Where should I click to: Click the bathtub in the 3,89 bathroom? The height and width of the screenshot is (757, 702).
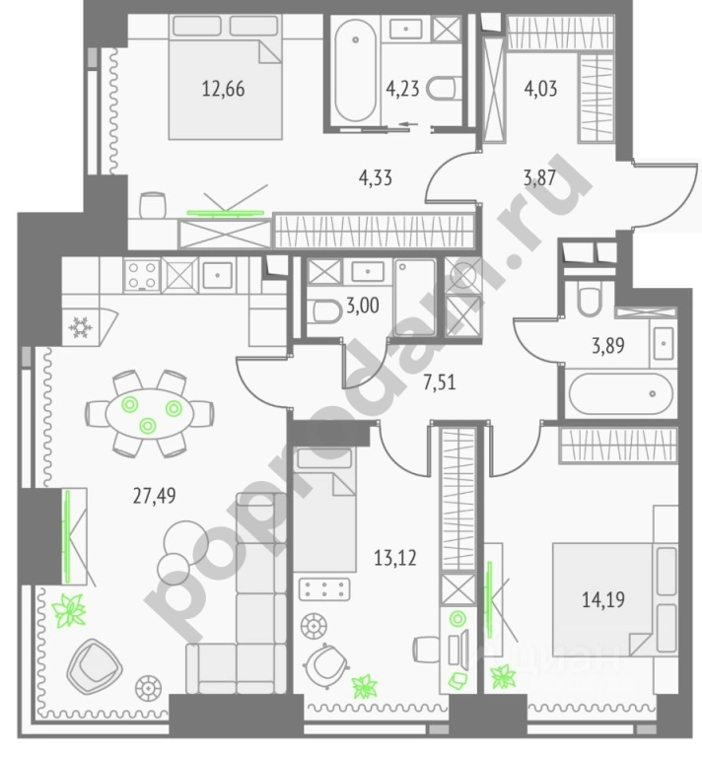617,395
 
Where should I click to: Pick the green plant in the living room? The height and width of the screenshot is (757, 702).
69,611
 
